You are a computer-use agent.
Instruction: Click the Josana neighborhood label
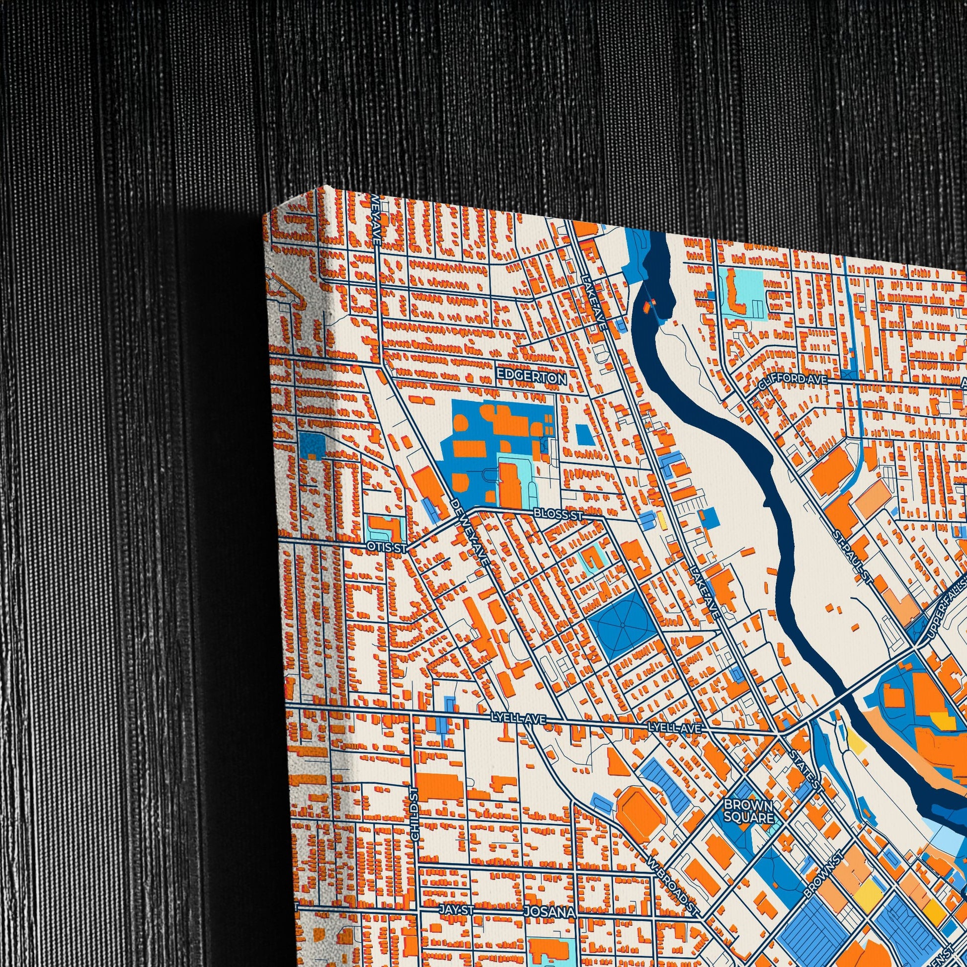(549, 899)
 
